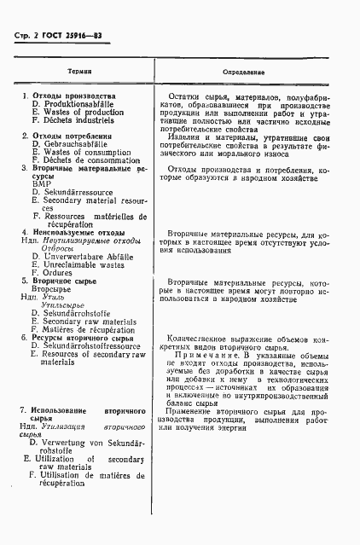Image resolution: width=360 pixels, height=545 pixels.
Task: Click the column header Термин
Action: (82, 72)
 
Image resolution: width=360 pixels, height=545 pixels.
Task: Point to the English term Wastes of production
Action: (81, 113)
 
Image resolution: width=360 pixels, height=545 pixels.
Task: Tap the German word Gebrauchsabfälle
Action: (77, 144)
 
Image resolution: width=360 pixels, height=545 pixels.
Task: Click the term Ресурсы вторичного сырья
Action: (81, 338)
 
